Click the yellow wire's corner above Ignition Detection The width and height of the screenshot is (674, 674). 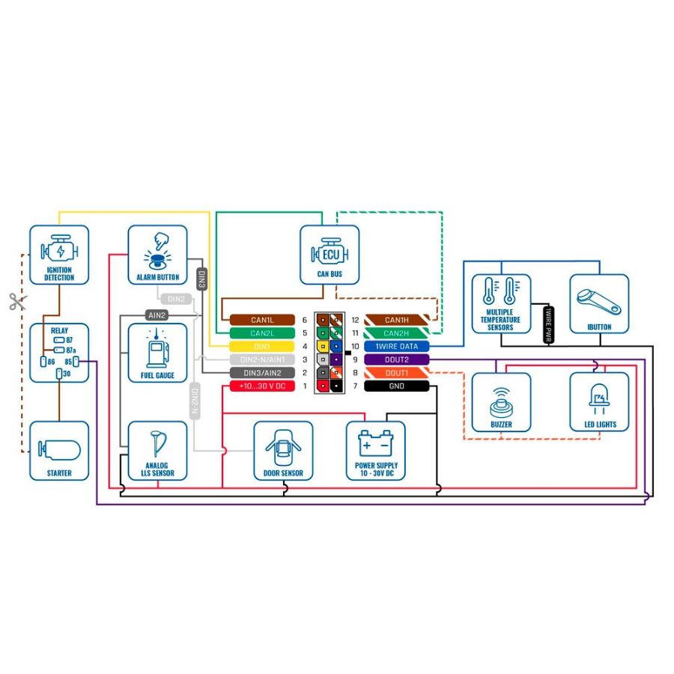pyautogui.click(x=59, y=212)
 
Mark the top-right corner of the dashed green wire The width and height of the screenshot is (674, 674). pyautogui.click(x=442, y=213)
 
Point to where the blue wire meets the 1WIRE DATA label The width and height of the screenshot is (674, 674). pyautogui.click(x=429, y=346)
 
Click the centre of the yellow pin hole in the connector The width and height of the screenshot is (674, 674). pyautogui.click(x=323, y=346)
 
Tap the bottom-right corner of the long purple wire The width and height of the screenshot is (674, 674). pyautogui.click(x=645, y=504)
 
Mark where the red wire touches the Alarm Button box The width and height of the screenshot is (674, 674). pyautogui.click(x=128, y=255)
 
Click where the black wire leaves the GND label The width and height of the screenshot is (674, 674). pyautogui.click(x=429, y=386)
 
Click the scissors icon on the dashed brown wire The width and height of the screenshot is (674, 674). pyautogui.click(x=18, y=302)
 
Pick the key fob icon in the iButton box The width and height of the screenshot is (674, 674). pyautogui.click(x=599, y=302)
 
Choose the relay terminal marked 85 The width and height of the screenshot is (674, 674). pyautogui.click(x=76, y=362)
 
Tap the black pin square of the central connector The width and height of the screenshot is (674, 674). pyautogui.click(x=336, y=386)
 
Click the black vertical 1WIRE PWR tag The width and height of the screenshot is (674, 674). pyautogui.click(x=548, y=325)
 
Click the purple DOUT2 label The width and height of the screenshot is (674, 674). pyautogui.click(x=396, y=359)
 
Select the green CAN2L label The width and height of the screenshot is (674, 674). pyautogui.click(x=262, y=333)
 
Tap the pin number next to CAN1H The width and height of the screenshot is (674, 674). pyautogui.click(x=355, y=320)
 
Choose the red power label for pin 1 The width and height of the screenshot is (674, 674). pyautogui.click(x=262, y=386)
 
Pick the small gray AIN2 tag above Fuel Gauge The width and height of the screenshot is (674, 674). pyautogui.click(x=157, y=315)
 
